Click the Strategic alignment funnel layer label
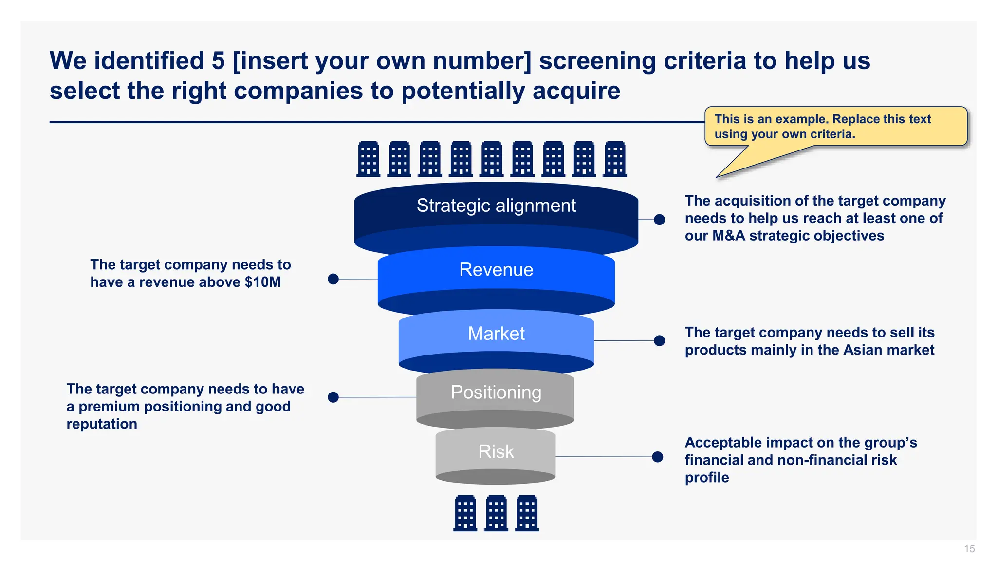pyautogui.click(x=496, y=206)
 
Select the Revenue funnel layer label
pyautogui.click(x=496, y=270)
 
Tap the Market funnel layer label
pyautogui.click(x=496, y=334)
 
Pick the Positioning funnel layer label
pyautogui.click(x=496, y=393)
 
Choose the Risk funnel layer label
pyautogui.click(x=496, y=451)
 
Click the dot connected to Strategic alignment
pyautogui.click(x=659, y=220)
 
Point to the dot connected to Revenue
pyautogui.click(x=333, y=279)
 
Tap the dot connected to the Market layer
pyautogui.click(x=659, y=340)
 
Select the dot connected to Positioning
pyautogui.click(x=333, y=397)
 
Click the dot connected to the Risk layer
pyautogui.click(x=657, y=457)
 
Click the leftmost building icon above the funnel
pyautogui.click(x=369, y=159)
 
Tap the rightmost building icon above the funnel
pyautogui.click(x=615, y=159)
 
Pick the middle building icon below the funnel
pyautogui.click(x=496, y=513)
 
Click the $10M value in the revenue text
pyautogui.click(x=262, y=282)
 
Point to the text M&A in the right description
pyautogui.click(x=728, y=236)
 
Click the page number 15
pyautogui.click(x=969, y=549)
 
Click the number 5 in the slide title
pyautogui.click(x=218, y=61)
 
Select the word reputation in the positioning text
pyautogui.click(x=102, y=424)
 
